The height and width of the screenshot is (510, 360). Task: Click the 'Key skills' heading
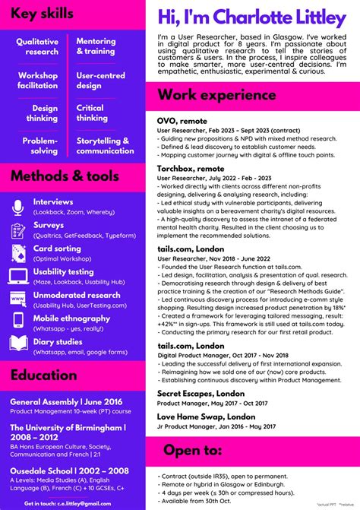[x=43, y=14]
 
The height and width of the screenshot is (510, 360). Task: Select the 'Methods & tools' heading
[x=65, y=176]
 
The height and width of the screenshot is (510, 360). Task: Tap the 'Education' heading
[x=43, y=374]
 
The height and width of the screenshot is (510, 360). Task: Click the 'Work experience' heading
[x=213, y=96]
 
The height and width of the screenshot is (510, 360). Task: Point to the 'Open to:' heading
[x=192, y=450]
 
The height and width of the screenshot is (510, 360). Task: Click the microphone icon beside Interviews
[x=18, y=207]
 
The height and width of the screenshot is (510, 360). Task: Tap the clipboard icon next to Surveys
[x=18, y=230]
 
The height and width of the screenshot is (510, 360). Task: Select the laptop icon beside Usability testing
[x=18, y=276]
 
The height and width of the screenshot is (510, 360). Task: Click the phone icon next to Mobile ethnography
[x=18, y=322]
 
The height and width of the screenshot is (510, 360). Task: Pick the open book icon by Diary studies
[x=18, y=344]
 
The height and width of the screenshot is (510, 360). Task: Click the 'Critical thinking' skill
[x=91, y=113]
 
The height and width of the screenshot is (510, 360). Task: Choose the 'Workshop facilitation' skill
[x=38, y=81]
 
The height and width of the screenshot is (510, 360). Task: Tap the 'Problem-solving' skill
[x=39, y=146]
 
